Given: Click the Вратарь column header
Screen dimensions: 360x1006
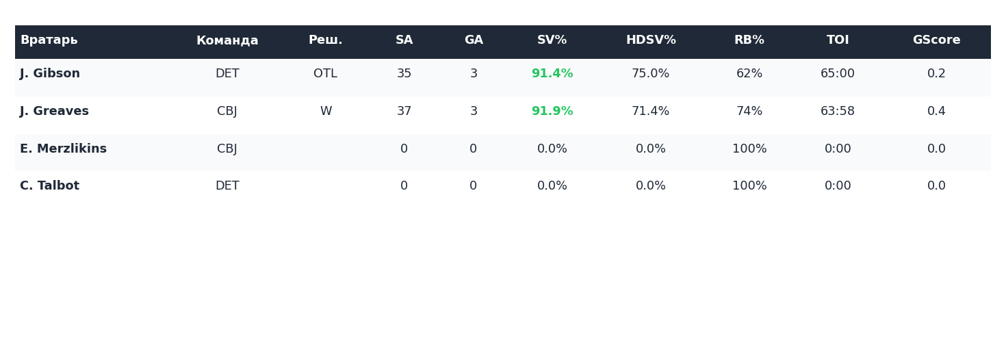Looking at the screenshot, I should (x=49, y=40).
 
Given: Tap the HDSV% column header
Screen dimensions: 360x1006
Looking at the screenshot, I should (x=650, y=40).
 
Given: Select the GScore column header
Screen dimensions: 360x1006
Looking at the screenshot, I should (x=936, y=40).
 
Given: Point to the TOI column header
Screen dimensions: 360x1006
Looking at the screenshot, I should (x=837, y=40).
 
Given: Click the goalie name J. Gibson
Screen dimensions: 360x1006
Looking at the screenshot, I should (x=50, y=74).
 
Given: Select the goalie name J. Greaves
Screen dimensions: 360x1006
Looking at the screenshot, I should (x=54, y=112).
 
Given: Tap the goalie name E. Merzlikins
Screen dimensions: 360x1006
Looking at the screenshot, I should (x=63, y=149).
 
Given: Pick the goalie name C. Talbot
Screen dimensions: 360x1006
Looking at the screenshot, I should (x=49, y=186).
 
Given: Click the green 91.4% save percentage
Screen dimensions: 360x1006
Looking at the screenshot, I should (x=552, y=74).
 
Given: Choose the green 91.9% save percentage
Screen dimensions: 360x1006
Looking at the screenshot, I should (x=552, y=112).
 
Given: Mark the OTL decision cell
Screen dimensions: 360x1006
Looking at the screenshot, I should (x=325, y=74).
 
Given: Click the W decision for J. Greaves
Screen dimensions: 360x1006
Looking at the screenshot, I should (x=325, y=112).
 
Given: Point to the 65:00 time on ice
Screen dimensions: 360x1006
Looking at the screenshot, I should (x=837, y=74).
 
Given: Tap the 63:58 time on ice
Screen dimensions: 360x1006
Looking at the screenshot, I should (x=837, y=112).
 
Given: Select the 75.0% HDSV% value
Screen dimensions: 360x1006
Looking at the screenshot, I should (x=650, y=74).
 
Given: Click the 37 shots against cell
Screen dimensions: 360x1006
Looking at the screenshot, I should (x=404, y=112).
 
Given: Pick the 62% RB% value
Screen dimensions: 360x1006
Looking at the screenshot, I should (x=749, y=74).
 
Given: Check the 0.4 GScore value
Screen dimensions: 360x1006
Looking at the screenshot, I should (x=936, y=112).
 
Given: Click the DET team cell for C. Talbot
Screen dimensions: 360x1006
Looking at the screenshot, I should (x=227, y=186).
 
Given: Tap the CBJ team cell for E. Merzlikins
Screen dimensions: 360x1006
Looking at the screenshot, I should (x=227, y=149).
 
